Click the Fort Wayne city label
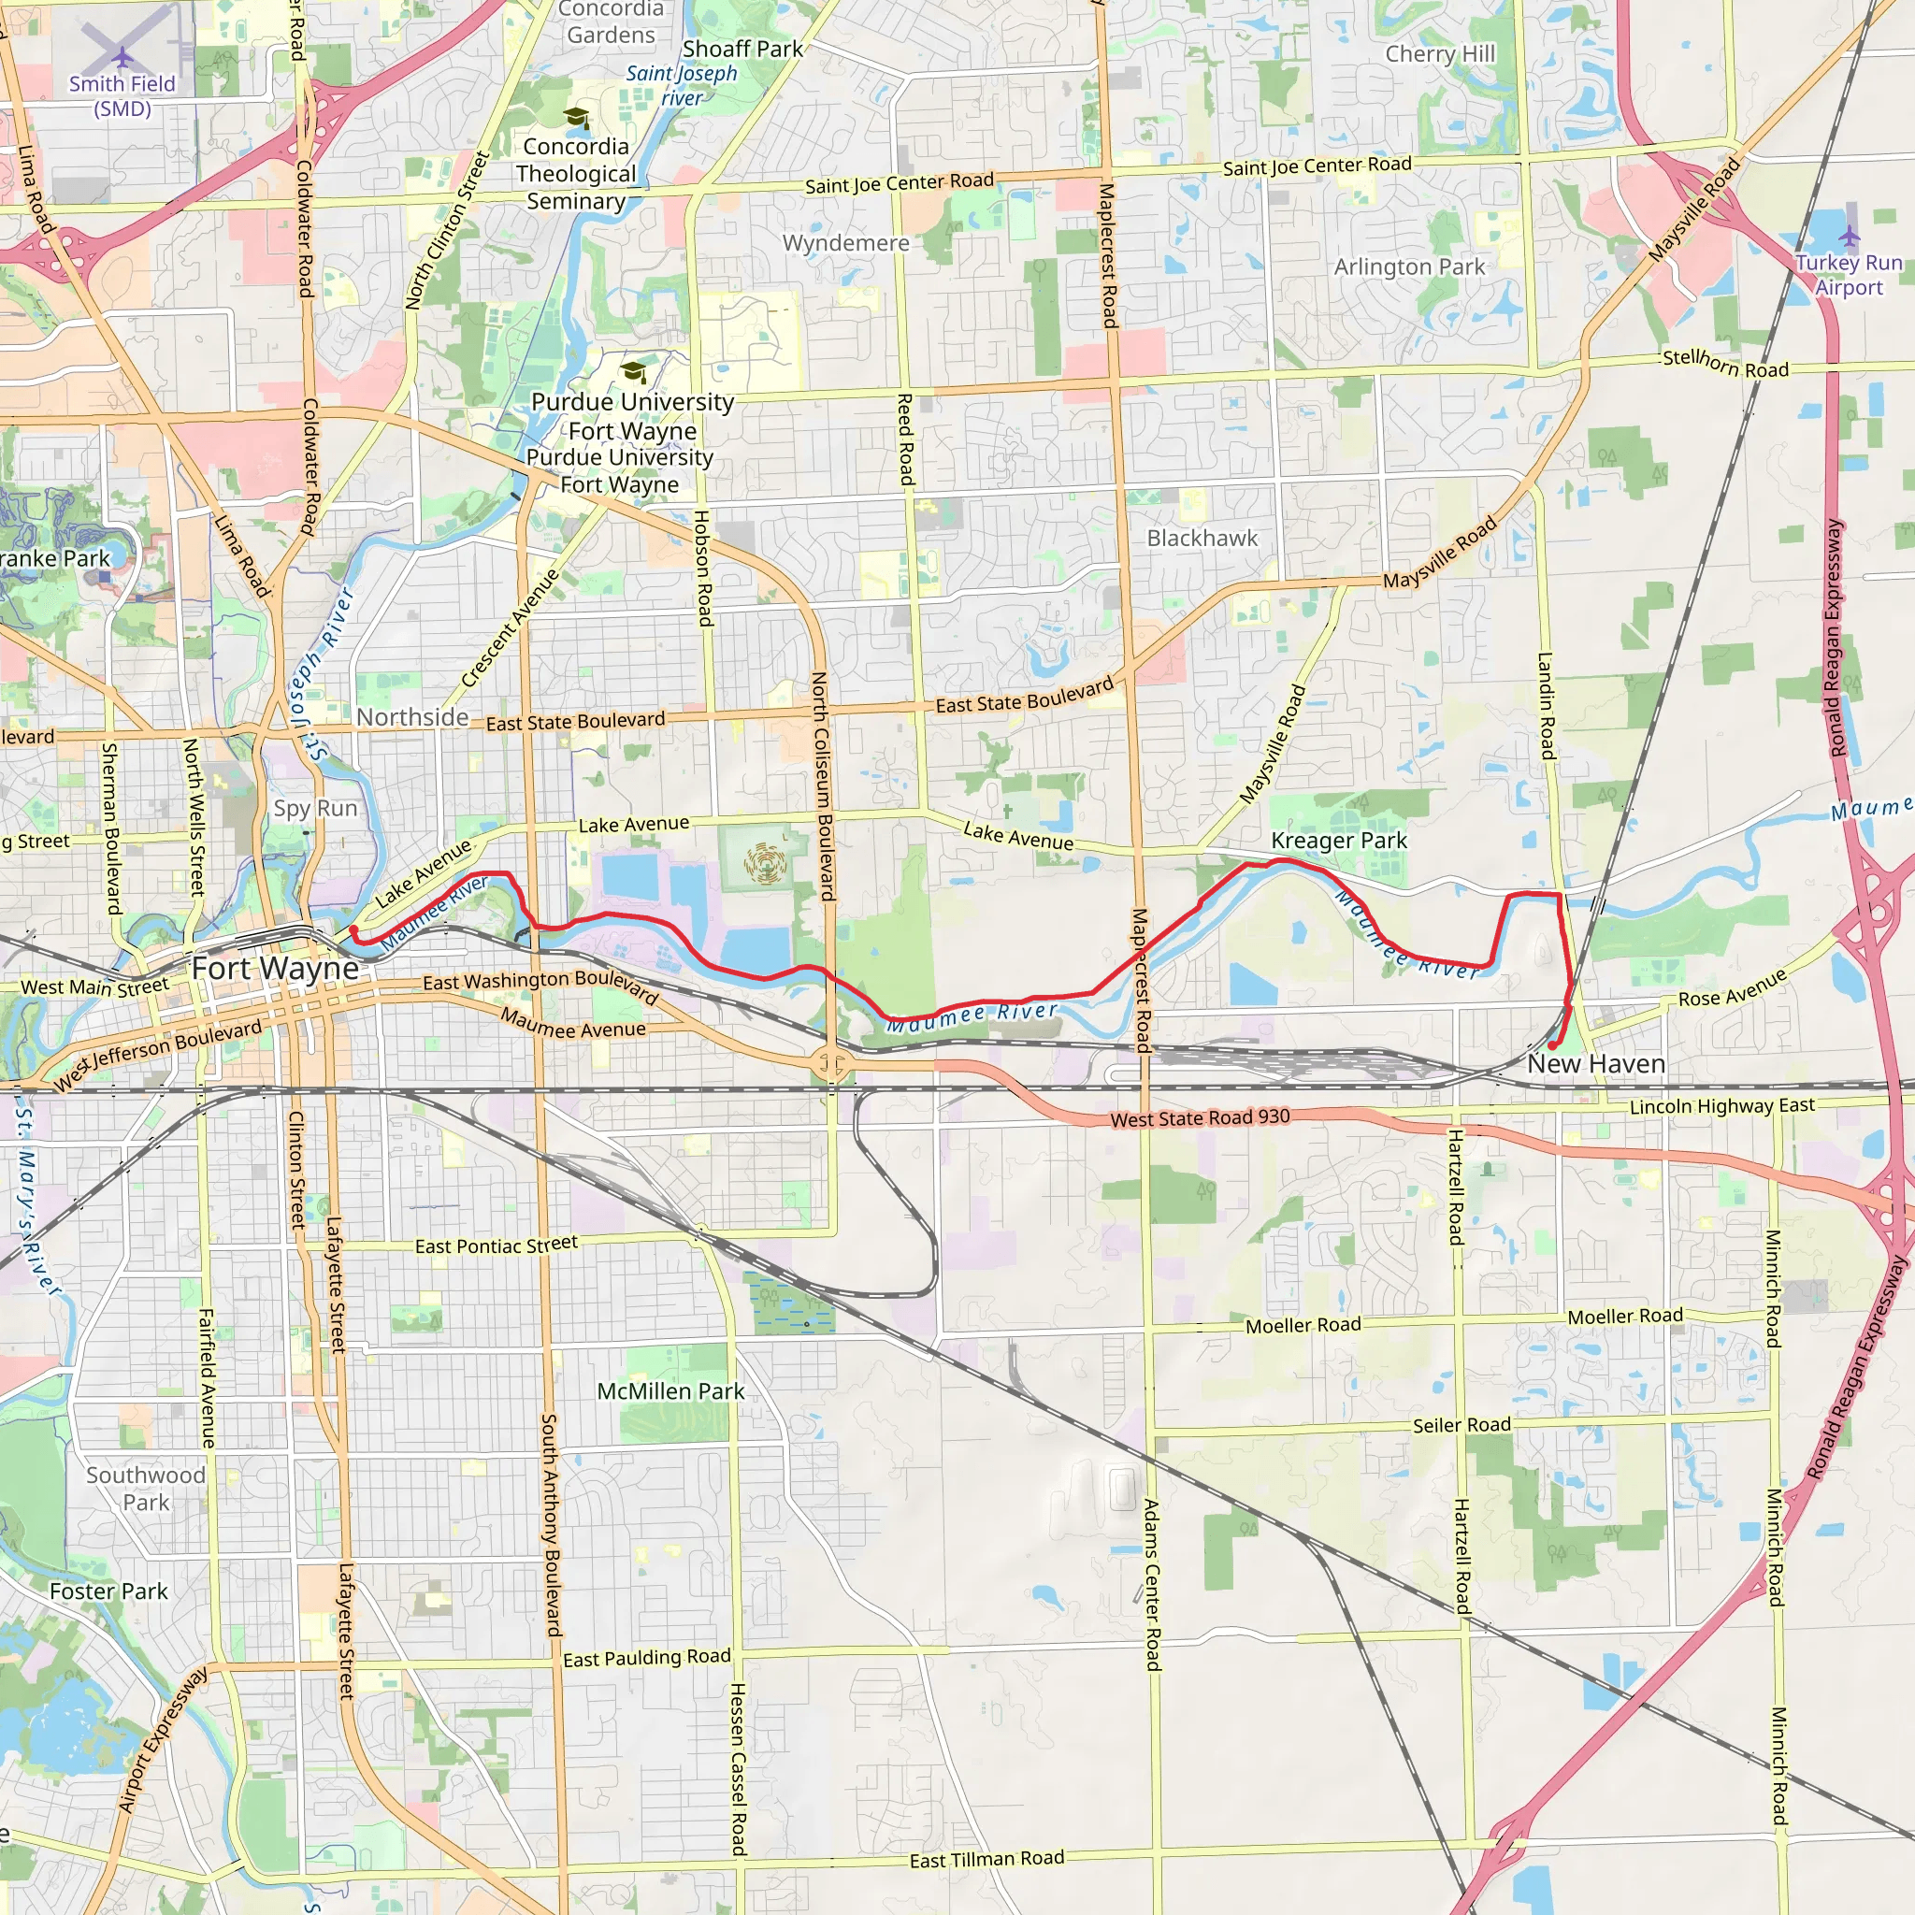click(x=275, y=969)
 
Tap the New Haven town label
click(x=1596, y=1063)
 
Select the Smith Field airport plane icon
click(x=122, y=56)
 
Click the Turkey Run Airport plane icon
click(x=1850, y=236)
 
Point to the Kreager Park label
click(x=1338, y=841)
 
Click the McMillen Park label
click(x=670, y=1391)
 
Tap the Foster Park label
click(x=108, y=1591)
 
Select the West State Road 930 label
click(x=1200, y=1118)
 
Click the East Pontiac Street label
click(x=496, y=1245)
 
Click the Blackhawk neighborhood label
click(x=1202, y=539)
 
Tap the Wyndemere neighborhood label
click(x=845, y=243)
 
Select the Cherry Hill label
click(x=1439, y=54)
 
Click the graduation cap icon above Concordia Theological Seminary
click(x=576, y=118)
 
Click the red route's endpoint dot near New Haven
click(x=1551, y=1044)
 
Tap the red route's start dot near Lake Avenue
click(x=353, y=929)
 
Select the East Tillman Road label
click(x=986, y=1859)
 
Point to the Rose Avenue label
click(x=1732, y=988)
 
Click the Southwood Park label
click(x=146, y=1488)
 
